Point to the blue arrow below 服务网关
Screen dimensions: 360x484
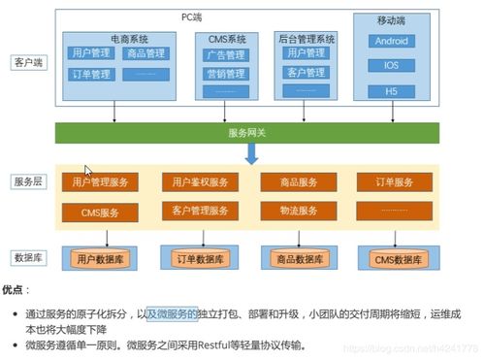tap(250, 153)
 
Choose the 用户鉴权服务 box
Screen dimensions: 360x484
tap(200, 181)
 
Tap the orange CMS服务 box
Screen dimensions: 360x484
tap(99, 210)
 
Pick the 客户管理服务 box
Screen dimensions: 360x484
tap(200, 210)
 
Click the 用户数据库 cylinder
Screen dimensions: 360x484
tap(99, 257)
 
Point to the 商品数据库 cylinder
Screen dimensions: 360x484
tap(299, 257)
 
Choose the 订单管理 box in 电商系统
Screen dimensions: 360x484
tap(89, 74)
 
